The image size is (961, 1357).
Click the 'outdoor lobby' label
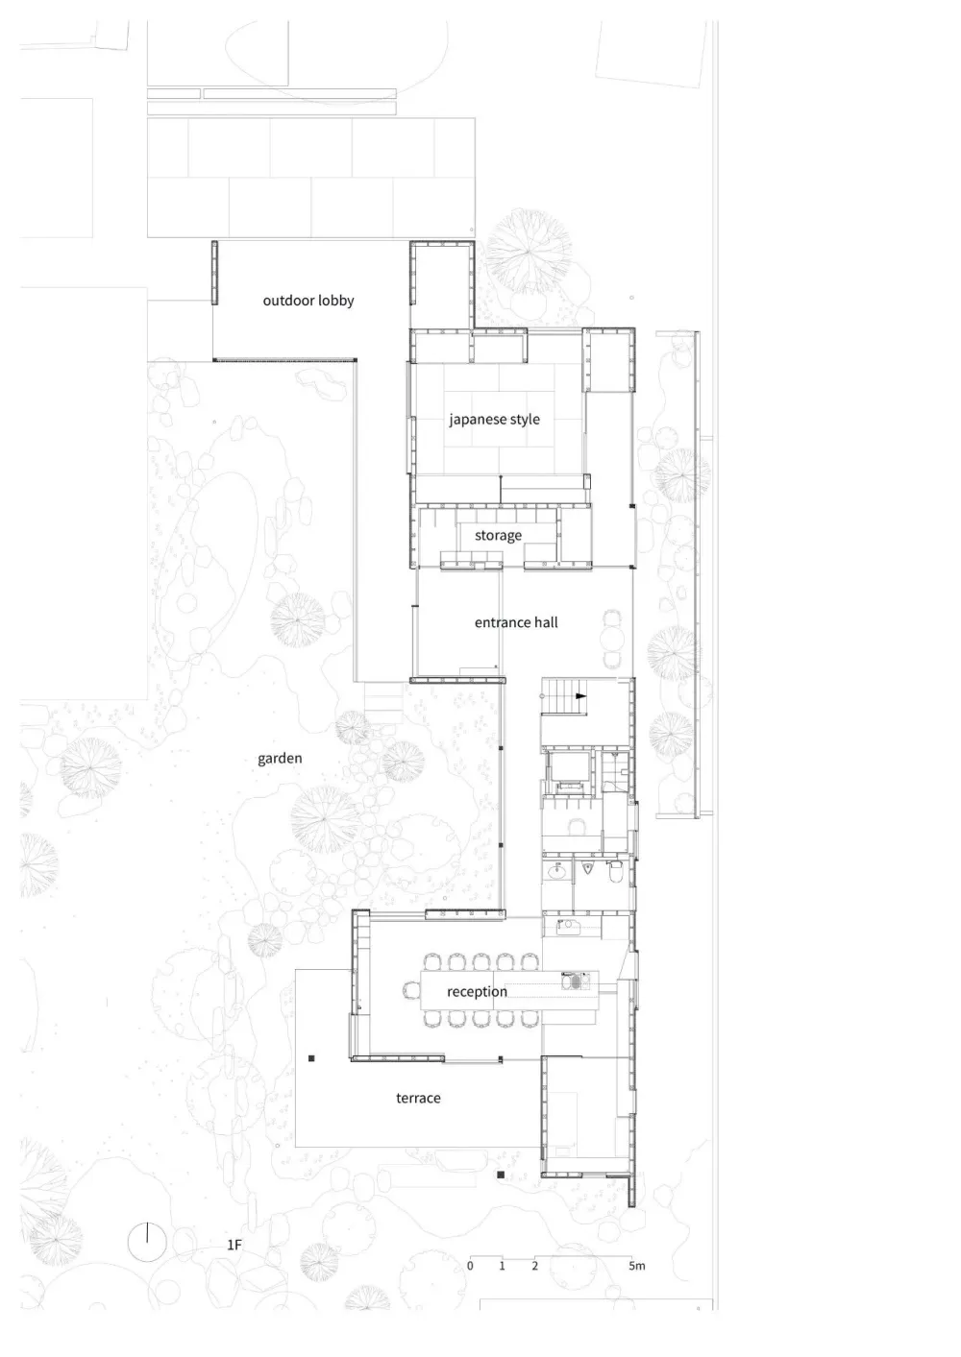(x=308, y=301)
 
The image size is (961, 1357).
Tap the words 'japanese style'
(x=494, y=420)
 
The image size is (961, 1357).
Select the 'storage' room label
(x=498, y=535)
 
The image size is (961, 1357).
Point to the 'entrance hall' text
(x=516, y=622)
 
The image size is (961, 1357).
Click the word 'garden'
(x=280, y=759)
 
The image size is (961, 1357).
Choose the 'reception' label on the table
(x=477, y=991)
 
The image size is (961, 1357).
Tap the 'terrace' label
(x=418, y=1098)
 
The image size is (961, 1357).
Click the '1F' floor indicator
(x=234, y=1245)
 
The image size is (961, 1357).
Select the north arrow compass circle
(x=147, y=1242)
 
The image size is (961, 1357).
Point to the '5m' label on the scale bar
(x=637, y=1266)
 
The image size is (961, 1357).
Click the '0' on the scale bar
(x=470, y=1266)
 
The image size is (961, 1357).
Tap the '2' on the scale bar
(x=534, y=1266)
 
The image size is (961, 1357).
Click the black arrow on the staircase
(x=579, y=693)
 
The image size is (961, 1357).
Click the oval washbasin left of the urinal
(x=556, y=871)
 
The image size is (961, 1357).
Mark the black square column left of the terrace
(x=311, y=1058)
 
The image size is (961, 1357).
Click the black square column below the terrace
(x=501, y=1175)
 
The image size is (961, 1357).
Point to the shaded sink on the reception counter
(x=575, y=981)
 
